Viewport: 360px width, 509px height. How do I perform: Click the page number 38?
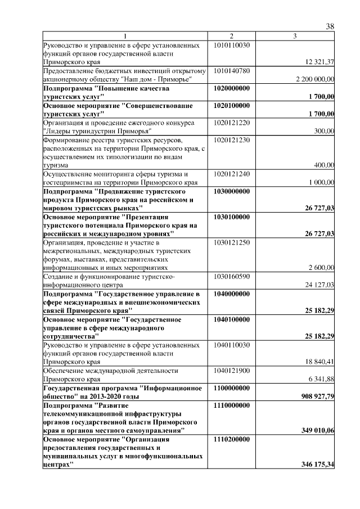click(x=330, y=26)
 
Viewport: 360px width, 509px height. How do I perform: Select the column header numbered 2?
click(x=231, y=37)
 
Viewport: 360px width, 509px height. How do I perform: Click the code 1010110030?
click(x=232, y=44)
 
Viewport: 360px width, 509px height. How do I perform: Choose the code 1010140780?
click(x=232, y=71)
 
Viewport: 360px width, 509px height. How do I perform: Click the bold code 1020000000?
click(x=232, y=89)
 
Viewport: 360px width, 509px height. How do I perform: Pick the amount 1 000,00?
click(x=322, y=183)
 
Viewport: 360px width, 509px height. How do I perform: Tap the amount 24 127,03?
click(x=319, y=285)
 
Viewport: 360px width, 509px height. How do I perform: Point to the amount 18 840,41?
click(x=319, y=362)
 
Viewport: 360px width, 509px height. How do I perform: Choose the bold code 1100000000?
click(x=232, y=389)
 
